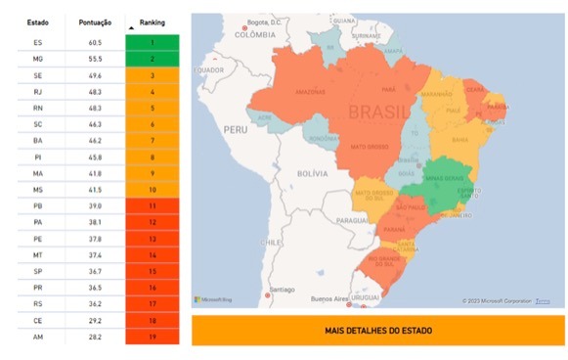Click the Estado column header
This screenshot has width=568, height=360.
[38, 21]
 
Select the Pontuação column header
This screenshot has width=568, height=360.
[95, 21]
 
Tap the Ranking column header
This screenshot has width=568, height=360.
[153, 21]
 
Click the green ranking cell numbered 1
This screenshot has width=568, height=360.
[153, 43]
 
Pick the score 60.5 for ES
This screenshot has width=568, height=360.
[95, 43]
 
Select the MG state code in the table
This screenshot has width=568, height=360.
[38, 60]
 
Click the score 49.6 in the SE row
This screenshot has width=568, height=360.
[95, 75]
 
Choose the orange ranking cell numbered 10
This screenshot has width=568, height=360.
[153, 189]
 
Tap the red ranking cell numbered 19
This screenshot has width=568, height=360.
[153, 337]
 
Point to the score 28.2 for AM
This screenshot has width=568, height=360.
[95, 337]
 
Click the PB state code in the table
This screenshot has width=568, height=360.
[38, 205]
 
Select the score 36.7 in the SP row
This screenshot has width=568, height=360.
[95, 271]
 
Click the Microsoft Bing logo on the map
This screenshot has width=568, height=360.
[212, 299]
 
